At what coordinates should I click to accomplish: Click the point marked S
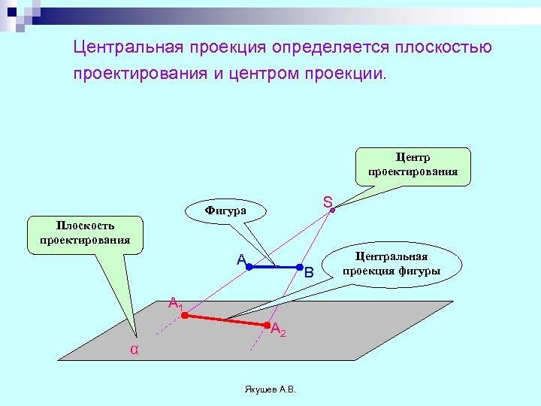pos(334,210)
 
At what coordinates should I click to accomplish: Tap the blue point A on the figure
pos(249,266)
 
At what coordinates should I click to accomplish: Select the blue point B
pos(299,266)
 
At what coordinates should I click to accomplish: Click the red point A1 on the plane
pos(184,316)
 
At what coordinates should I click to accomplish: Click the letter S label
pos(328,202)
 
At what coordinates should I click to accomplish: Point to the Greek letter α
pos(134,350)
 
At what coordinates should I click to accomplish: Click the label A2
pos(278,329)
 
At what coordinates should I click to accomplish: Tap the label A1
pos(175,304)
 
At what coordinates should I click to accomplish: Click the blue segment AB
pos(274,266)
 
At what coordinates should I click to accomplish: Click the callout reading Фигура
pos(225,211)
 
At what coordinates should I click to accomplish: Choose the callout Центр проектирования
pos(413,165)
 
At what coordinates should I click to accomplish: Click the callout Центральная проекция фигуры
pos(391,264)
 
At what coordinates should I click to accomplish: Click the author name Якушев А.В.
pos(270,389)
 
